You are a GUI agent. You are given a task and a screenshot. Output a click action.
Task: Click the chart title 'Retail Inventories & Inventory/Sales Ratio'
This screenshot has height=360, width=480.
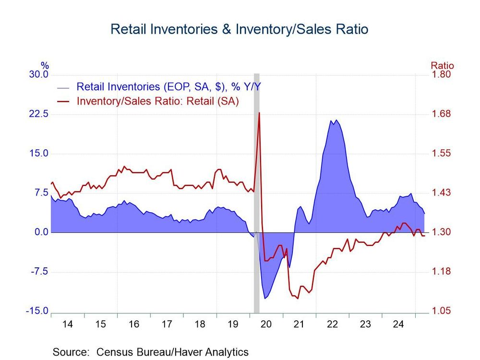click(x=239, y=29)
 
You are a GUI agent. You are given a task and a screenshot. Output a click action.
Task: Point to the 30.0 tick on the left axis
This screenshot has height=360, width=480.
click(x=39, y=75)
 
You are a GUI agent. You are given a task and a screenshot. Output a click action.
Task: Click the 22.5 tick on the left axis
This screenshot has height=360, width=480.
click(x=39, y=114)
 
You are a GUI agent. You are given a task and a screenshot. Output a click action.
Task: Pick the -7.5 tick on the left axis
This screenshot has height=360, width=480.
click(x=39, y=272)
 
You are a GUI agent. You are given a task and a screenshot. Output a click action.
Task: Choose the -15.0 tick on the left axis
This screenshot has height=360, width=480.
click(x=37, y=311)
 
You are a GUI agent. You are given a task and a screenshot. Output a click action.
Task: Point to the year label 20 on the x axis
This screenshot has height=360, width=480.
click(x=266, y=324)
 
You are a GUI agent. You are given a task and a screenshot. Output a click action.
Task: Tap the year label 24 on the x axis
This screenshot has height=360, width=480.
click(x=398, y=324)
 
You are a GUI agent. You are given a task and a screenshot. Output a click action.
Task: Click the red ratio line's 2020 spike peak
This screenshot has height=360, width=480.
click(x=259, y=112)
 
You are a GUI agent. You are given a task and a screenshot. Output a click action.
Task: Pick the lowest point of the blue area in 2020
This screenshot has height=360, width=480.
click(x=265, y=298)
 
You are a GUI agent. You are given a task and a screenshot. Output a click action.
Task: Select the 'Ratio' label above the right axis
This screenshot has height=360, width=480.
click(x=442, y=66)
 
